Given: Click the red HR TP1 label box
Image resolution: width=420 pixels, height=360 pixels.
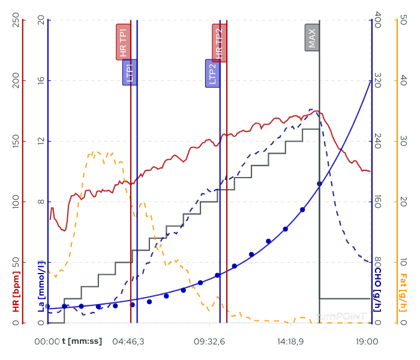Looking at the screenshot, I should [x=123, y=43].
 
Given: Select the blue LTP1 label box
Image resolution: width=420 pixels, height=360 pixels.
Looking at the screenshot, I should [x=130, y=72].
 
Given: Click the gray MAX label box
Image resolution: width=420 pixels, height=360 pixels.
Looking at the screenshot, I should [x=312, y=37].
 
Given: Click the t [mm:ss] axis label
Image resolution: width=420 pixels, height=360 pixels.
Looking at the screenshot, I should [x=82, y=341].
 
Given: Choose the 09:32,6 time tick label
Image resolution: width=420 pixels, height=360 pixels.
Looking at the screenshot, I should [x=209, y=341].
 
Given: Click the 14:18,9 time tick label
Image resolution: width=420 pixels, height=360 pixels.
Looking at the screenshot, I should [x=292, y=341].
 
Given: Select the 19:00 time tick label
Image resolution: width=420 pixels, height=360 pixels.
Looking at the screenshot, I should [x=367, y=341].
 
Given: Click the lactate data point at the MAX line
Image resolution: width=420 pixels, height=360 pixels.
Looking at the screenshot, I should [x=319, y=184].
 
